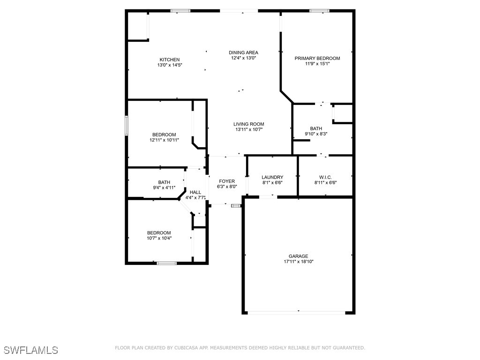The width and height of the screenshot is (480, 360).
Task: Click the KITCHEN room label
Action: [x=170, y=60]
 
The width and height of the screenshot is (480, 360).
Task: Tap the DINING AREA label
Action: [x=243, y=52]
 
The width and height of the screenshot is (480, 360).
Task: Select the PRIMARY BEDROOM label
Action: [x=317, y=58]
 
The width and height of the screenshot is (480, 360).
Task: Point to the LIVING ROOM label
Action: [x=249, y=124]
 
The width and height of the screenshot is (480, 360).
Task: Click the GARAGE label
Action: [x=298, y=256]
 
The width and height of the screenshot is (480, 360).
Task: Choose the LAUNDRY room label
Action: [x=272, y=177]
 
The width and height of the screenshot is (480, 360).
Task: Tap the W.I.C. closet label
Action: [x=325, y=177]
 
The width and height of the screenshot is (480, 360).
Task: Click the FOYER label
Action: [x=227, y=181]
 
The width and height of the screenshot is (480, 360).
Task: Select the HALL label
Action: [x=195, y=192]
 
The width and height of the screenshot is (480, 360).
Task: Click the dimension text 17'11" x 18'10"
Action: [x=298, y=262]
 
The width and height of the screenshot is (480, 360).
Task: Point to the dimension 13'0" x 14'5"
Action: [x=170, y=65]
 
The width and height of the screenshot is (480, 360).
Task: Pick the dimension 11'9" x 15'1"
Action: [x=317, y=64]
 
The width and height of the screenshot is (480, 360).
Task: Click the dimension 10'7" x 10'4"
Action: [x=159, y=238]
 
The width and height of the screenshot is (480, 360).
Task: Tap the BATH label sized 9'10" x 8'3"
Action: [x=316, y=128]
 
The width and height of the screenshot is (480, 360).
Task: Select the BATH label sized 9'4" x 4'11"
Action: [x=164, y=182]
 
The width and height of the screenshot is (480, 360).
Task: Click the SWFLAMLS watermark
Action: [x=31, y=350]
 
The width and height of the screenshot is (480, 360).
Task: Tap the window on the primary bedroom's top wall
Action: [x=319, y=10]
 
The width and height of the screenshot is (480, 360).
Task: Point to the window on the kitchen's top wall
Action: [x=180, y=10]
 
